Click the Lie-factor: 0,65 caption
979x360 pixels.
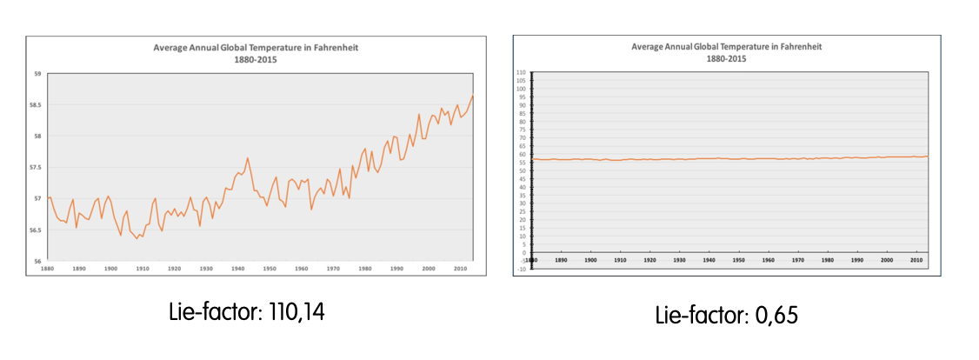pyautogui.click(x=727, y=316)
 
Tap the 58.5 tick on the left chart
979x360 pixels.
pyautogui.click(x=38, y=105)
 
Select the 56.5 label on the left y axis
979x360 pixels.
pyautogui.click(x=38, y=230)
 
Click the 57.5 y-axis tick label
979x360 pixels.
pyautogui.click(x=38, y=168)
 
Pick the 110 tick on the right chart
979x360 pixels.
pyautogui.click(x=522, y=72)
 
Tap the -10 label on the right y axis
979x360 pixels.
pyautogui.click(x=522, y=269)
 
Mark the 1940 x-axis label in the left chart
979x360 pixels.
pyautogui.click(x=236, y=270)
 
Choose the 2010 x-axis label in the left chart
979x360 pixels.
pyautogui.click(x=460, y=270)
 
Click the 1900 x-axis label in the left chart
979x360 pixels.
pyautogui.click(x=110, y=270)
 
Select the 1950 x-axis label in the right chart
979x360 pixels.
pyautogui.click(x=738, y=260)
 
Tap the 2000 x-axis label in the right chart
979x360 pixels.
pyautogui.click(x=886, y=260)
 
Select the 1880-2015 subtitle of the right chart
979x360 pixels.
pyautogui.click(x=726, y=58)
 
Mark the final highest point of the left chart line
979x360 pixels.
pyautogui.click(x=472, y=97)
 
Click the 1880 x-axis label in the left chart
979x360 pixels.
pyautogui.click(x=47, y=270)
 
